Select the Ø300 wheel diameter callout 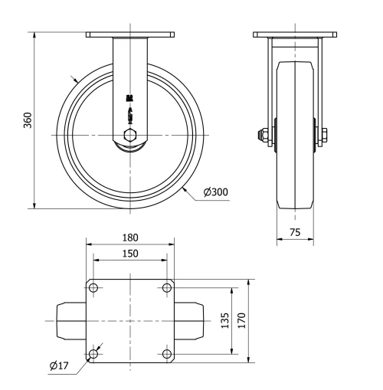[216, 192]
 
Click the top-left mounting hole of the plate [93, 288]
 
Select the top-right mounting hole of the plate [166, 288]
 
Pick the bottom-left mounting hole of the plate [93, 353]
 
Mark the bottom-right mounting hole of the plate [166, 353]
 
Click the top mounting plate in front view [130, 34]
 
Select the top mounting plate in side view [294, 34]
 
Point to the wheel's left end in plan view [69, 320]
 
